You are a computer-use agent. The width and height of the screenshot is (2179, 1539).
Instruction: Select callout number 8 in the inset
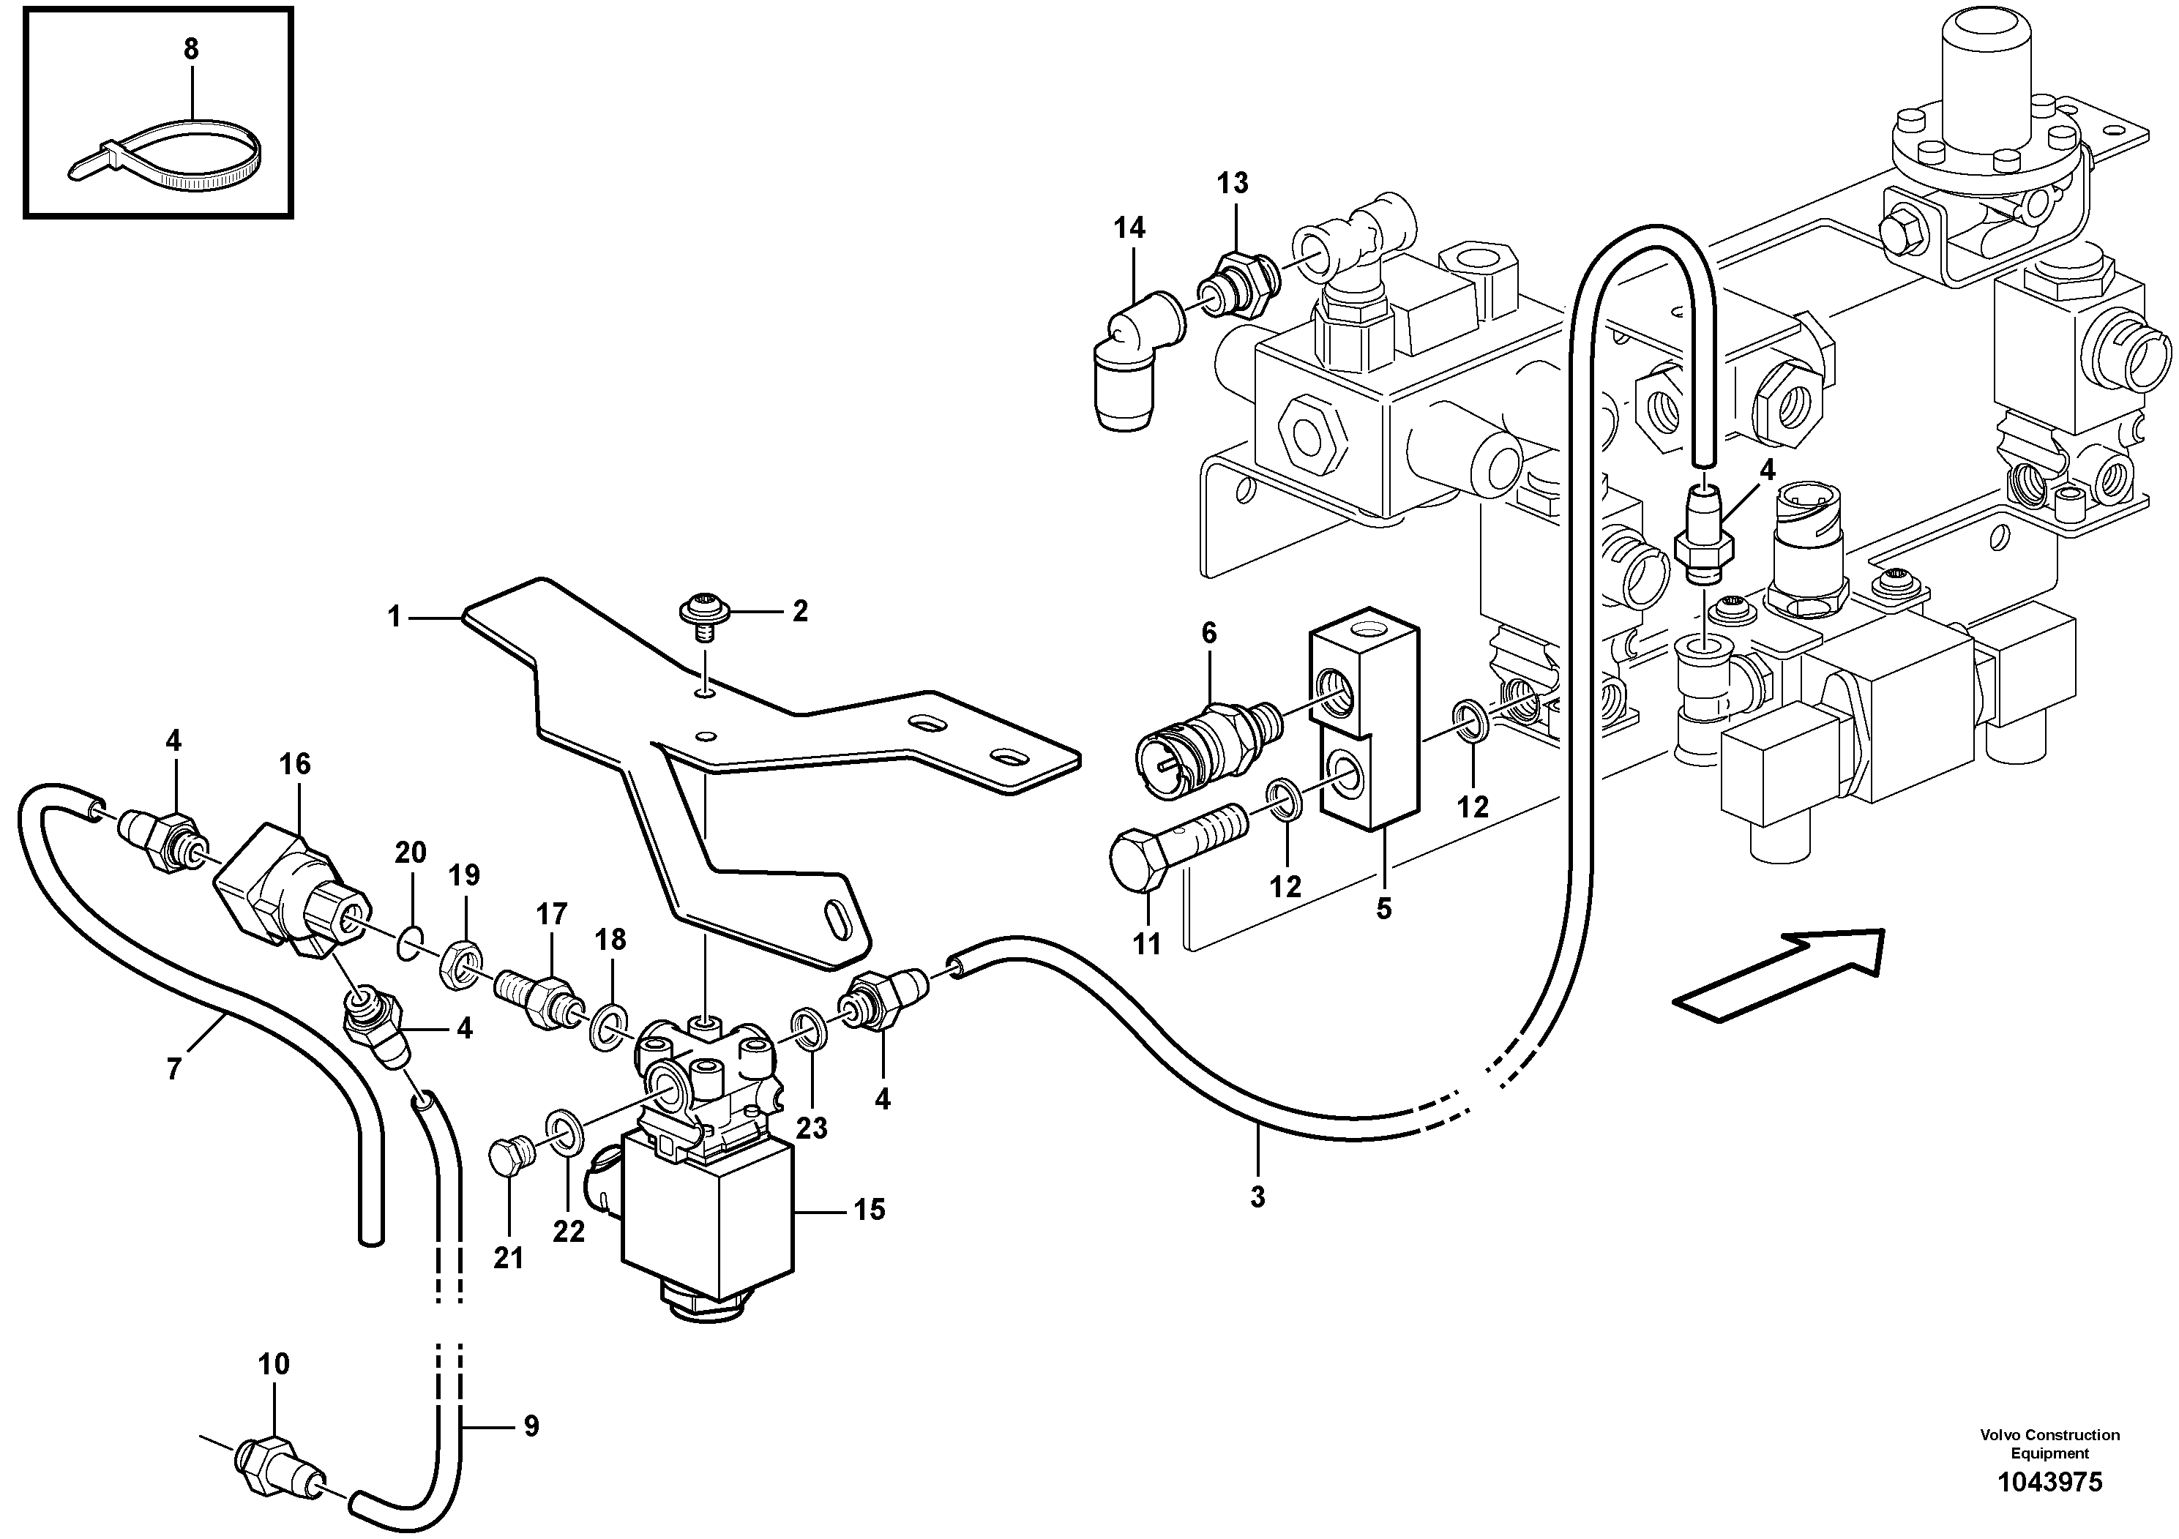pyautogui.click(x=191, y=49)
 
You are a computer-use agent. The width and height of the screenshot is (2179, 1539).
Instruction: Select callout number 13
pyautogui.click(x=1233, y=182)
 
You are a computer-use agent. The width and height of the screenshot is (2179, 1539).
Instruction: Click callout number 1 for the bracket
pyautogui.click(x=395, y=618)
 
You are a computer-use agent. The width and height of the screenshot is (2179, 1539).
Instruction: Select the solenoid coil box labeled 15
pyautogui.click(x=706, y=1216)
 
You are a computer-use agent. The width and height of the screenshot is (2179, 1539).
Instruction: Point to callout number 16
pyautogui.click(x=294, y=764)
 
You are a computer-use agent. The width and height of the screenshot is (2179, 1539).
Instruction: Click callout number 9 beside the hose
pyautogui.click(x=531, y=1426)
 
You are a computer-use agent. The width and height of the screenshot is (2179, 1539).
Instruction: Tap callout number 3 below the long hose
pyautogui.click(x=1257, y=1197)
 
